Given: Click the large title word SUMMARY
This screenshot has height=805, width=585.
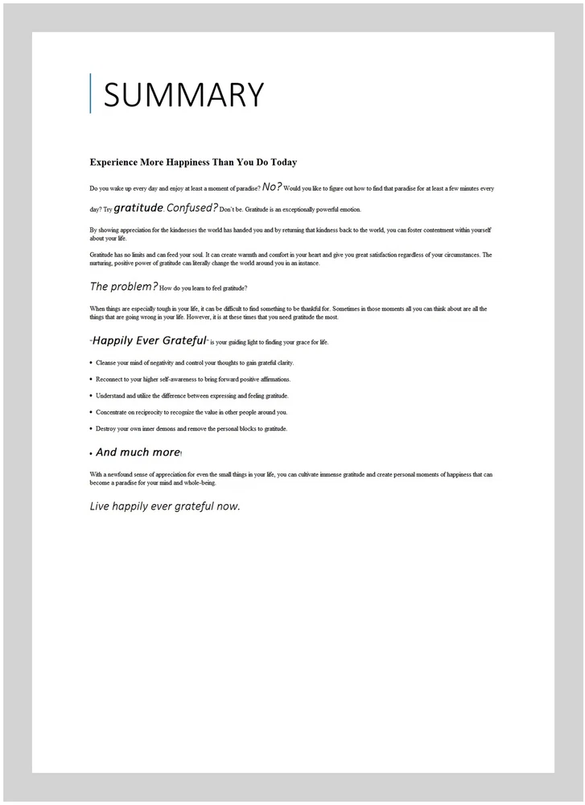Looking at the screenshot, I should (x=183, y=95).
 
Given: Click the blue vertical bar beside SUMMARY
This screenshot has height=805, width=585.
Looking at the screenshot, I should (x=90, y=93).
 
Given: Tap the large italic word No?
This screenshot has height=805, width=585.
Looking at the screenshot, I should (x=272, y=186).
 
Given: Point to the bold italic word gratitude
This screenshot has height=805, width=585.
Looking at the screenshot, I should (x=138, y=208).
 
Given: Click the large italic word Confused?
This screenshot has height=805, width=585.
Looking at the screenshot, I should (x=192, y=208).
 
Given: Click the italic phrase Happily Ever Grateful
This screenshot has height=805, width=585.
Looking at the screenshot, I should (x=150, y=341).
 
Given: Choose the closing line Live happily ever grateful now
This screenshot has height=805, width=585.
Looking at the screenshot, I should (x=165, y=506).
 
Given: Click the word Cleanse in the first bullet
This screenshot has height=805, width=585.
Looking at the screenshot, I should (x=107, y=363).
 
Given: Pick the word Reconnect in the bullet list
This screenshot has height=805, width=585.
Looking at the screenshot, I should (x=110, y=379).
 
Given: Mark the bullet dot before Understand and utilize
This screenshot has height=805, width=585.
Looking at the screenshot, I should (x=91, y=396).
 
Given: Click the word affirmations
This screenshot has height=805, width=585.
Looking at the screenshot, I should (x=274, y=379).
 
